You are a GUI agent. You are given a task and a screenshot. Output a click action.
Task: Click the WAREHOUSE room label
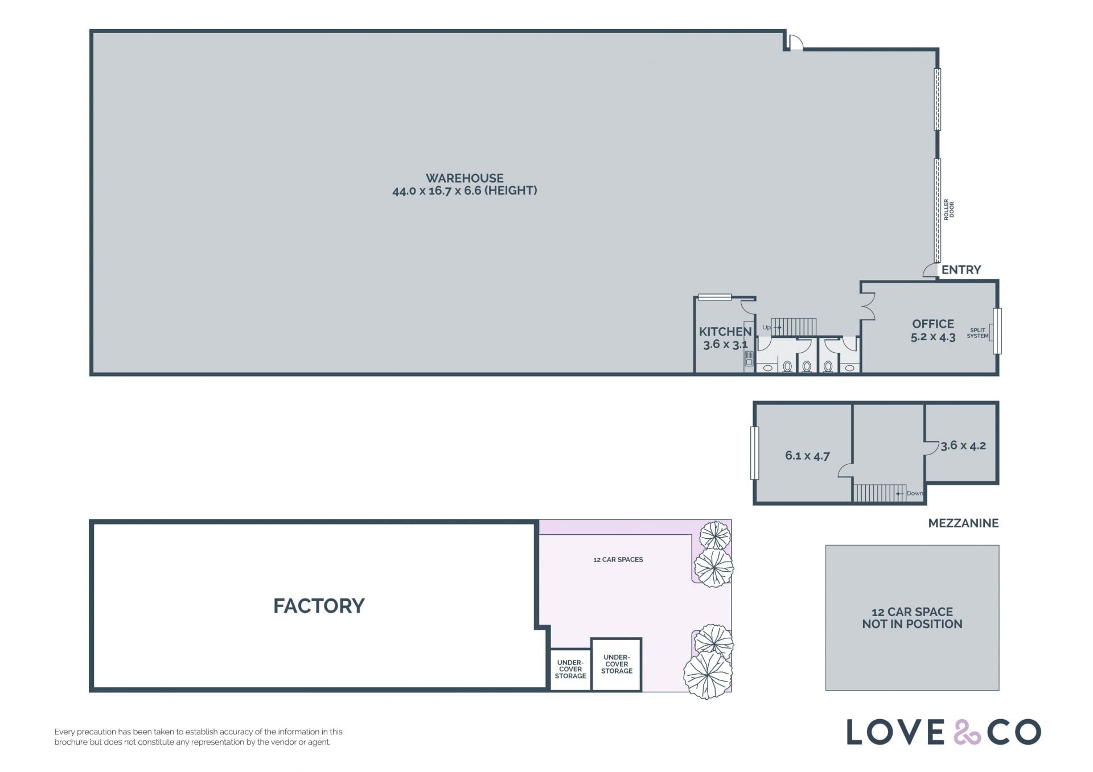click(x=465, y=178)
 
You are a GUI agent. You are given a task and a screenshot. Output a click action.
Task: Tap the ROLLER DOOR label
click(x=948, y=209)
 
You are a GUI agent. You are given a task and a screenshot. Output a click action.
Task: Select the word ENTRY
click(x=961, y=270)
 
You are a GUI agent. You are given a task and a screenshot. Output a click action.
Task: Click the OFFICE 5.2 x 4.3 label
click(x=933, y=331)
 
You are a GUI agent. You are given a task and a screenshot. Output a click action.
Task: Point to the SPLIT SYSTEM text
click(x=977, y=333)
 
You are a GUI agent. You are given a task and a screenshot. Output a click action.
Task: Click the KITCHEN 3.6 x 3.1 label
click(x=725, y=338)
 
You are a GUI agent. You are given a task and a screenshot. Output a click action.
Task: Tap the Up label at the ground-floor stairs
click(x=766, y=328)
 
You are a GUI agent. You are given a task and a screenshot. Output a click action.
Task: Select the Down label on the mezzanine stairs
click(x=915, y=493)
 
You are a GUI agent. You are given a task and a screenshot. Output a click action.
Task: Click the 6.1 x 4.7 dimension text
click(x=807, y=456)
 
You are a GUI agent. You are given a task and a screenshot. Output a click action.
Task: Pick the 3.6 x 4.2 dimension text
click(x=963, y=445)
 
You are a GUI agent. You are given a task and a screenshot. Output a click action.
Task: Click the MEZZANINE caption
click(x=963, y=523)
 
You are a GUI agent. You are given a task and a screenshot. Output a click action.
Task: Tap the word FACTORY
click(x=319, y=606)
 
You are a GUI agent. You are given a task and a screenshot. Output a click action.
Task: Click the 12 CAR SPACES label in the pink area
click(x=618, y=560)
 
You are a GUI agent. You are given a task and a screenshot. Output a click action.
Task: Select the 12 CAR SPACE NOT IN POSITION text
click(x=912, y=618)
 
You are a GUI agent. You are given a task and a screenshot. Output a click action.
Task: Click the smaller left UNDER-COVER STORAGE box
click(x=570, y=670)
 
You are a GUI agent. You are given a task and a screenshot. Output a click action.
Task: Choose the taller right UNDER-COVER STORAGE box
click(x=617, y=664)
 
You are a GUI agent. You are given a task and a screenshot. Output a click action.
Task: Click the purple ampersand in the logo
click(x=967, y=732)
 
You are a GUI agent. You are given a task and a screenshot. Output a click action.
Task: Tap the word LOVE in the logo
click(x=894, y=732)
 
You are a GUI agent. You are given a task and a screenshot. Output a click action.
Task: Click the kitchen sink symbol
click(x=749, y=358)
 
